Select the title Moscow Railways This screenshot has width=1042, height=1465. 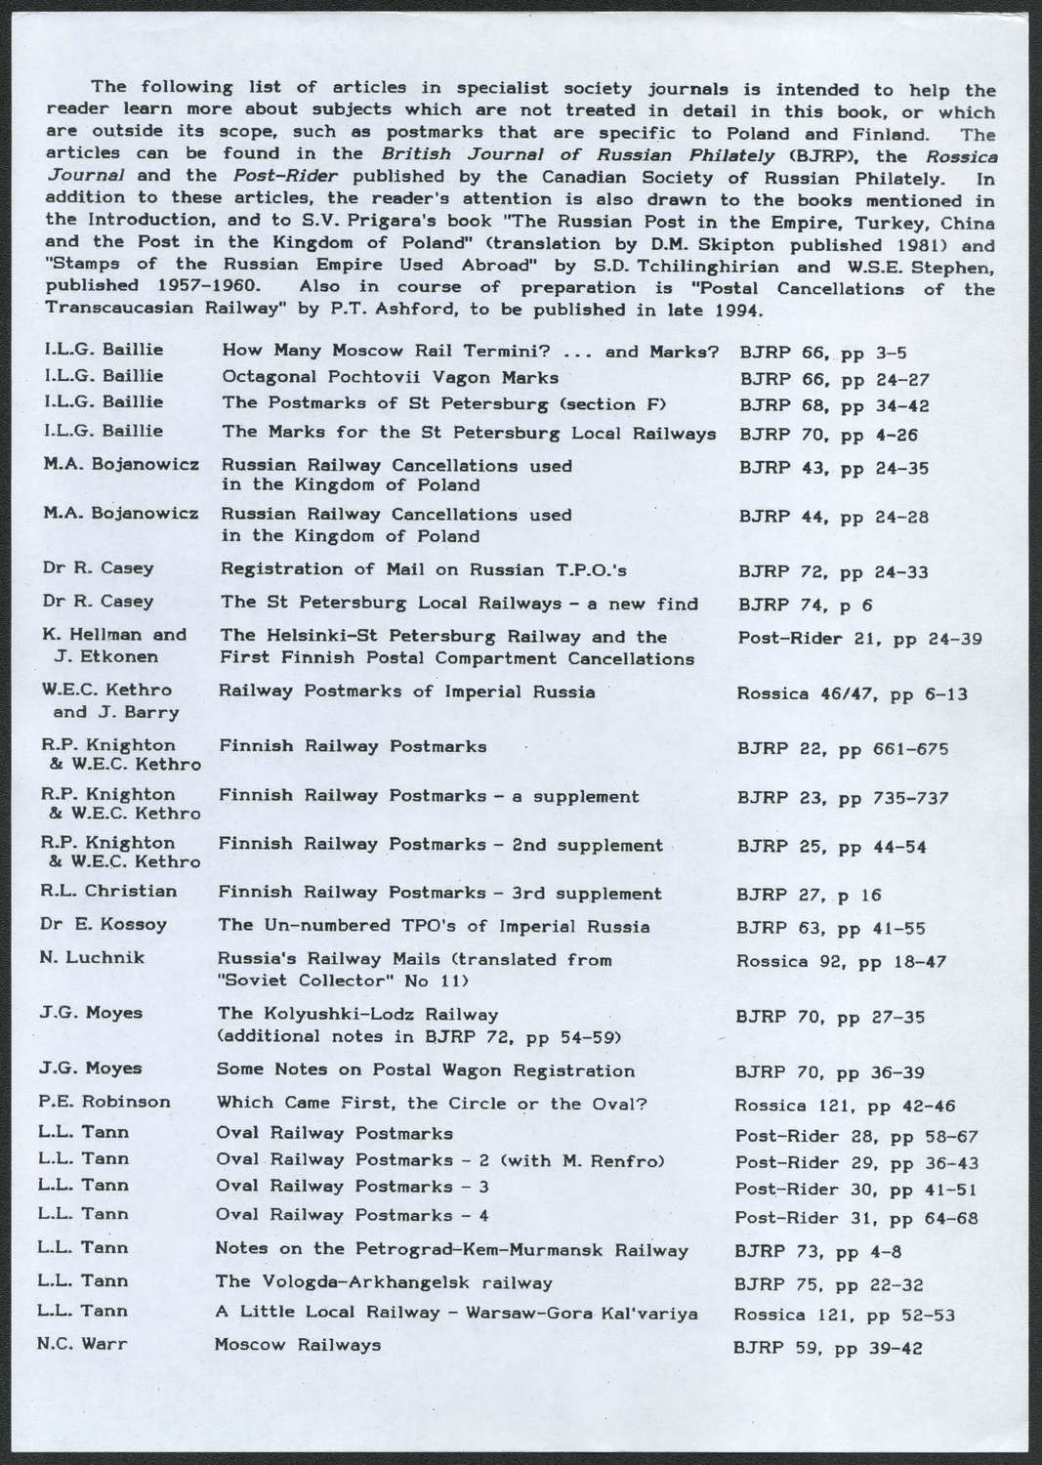pyautogui.click(x=297, y=1344)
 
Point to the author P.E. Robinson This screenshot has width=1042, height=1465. pyautogui.click(x=105, y=1102)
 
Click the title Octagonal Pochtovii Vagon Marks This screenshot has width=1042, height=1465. pyautogui.click(x=390, y=377)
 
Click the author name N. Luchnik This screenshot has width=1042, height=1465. pyautogui.click(x=93, y=957)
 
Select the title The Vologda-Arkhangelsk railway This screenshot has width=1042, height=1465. pyautogui.click(x=384, y=1282)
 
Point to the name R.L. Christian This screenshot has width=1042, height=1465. pyautogui.click(x=109, y=891)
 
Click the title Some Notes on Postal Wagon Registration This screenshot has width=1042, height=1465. pyautogui.click(x=425, y=1070)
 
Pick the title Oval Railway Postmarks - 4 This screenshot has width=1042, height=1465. pyautogui.click(x=352, y=1216)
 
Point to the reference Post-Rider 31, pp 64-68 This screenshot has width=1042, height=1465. pyautogui.click(x=856, y=1219)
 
